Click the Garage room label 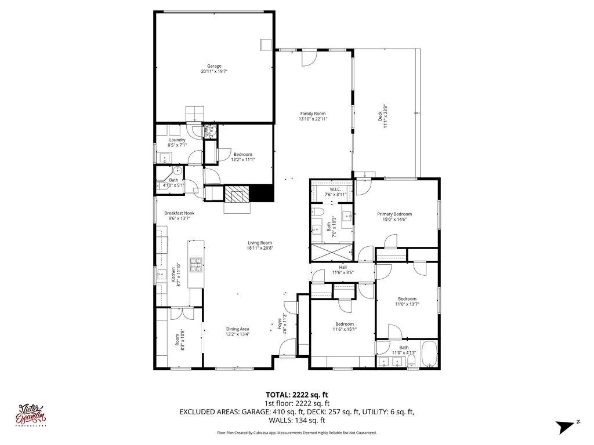(x=215, y=66)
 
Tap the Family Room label (x=313, y=114)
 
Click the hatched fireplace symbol (x=236, y=194)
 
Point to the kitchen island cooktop (x=196, y=266)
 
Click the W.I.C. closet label (x=335, y=189)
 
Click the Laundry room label (x=177, y=140)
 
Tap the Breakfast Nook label (x=179, y=213)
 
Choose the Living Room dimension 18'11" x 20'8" (x=259, y=248)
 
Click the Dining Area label (x=238, y=329)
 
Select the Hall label (x=343, y=267)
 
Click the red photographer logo (x=32, y=415)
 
